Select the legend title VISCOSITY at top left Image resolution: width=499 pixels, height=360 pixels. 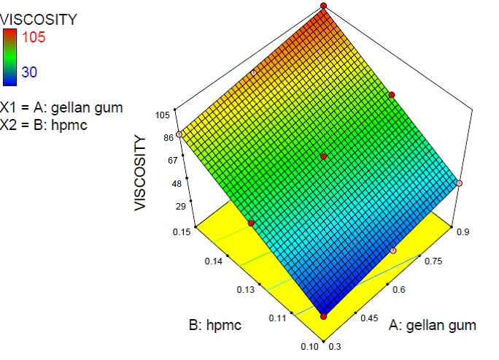38,20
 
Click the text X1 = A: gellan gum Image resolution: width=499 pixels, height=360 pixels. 62,107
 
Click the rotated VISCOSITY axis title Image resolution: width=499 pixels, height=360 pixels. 140,172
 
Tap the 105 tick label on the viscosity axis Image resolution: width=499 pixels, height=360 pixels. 163,115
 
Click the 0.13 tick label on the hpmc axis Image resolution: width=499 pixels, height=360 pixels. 246,291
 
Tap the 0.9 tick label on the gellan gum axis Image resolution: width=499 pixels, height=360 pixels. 463,232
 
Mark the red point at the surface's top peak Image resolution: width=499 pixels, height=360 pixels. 323,7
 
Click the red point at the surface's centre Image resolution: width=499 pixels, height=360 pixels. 324,157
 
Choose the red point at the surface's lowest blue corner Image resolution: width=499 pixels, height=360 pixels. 324,316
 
